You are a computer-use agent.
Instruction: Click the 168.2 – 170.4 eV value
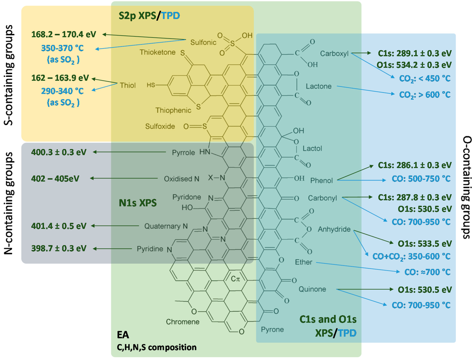click(64, 34)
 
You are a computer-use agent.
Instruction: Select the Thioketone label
click(158, 52)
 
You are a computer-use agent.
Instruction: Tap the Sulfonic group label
click(203, 42)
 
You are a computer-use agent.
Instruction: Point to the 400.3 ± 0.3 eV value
click(59, 152)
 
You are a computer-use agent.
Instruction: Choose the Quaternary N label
click(166, 226)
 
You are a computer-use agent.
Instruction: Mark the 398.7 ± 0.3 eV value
click(59, 248)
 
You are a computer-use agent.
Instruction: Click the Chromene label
click(183, 322)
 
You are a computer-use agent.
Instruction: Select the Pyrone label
click(272, 330)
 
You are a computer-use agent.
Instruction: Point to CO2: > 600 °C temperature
click(424, 95)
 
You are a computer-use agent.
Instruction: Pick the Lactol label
click(312, 149)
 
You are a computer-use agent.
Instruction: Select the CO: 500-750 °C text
click(421, 178)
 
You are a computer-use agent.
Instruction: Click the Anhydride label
click(334, 229)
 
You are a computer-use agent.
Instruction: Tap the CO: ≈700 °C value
click(427, 272)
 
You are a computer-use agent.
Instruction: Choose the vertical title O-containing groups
click(466, 187)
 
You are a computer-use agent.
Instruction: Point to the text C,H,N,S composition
click(156, 347)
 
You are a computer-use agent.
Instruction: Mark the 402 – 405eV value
click(56, 178)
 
